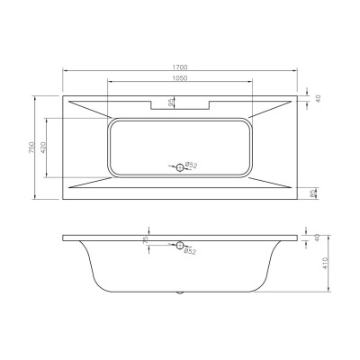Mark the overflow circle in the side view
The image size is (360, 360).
pyautogui.click(x=179, y=245)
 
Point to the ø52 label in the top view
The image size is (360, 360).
pyautogui.click(x=191, y=166)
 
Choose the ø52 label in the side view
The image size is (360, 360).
pyautogui.click(x=191, y=251)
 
